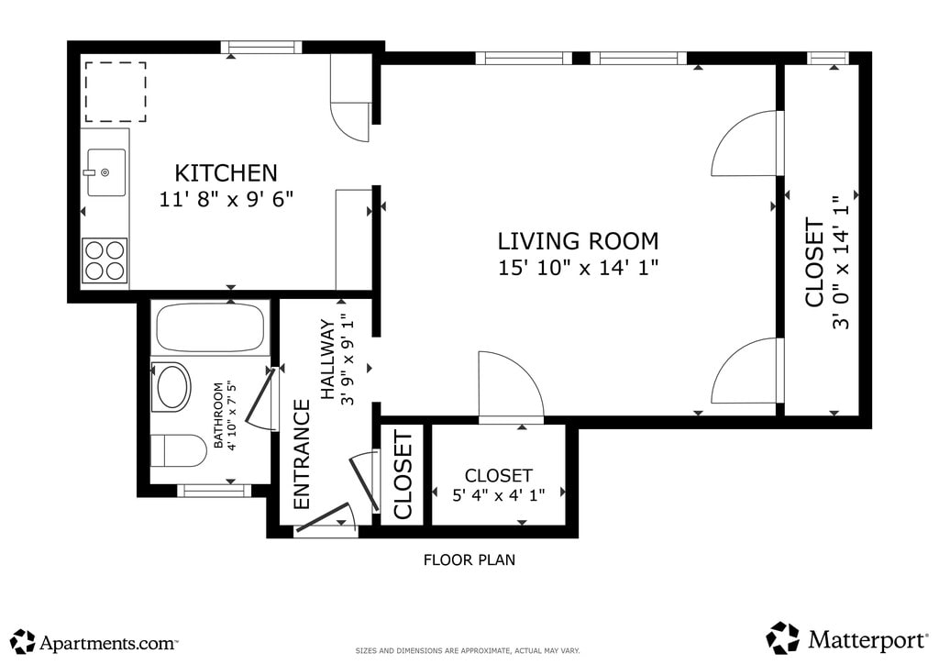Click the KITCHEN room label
(x=226, y=173)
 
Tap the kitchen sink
(x=106, y=172)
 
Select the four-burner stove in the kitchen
(x=105, y=260)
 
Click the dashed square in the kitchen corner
(x=116, y=92)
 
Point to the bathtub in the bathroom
(x=210, y=327)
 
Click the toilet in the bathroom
(x=178, y=451)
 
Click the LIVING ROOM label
(x=578, y=240)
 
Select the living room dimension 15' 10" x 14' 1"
(x=578, y=267)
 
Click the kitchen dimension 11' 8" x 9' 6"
(x=226, y=199)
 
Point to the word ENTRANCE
(x=302, y=455)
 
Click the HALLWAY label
(x=328, y=360)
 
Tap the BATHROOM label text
(x=218, y=415)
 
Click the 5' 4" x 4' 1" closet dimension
(x=498, y=495)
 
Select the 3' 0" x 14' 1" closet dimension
(x=841, y=262)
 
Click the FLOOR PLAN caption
(x=469, y=559)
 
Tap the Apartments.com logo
(x=94, y=642)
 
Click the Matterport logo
(x=846, y=639)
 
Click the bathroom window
(x=215, y=491)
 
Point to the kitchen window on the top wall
(x=260, y=48)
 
